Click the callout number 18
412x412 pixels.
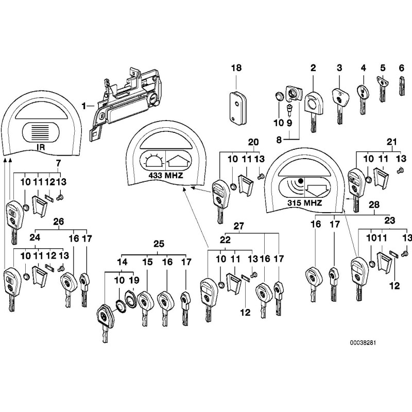pyautogui.click(x=236, y=68)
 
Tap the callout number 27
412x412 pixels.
pyautogui.click(x=238, y=226)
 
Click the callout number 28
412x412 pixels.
pyautogui.click(x=375, y=205)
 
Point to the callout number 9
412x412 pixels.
pyautogui.click(x=289, y=123)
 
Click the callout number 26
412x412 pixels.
pyautogui.click(x=59, y=222)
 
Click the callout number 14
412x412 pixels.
pyautogui.click(x=123, y=262)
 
